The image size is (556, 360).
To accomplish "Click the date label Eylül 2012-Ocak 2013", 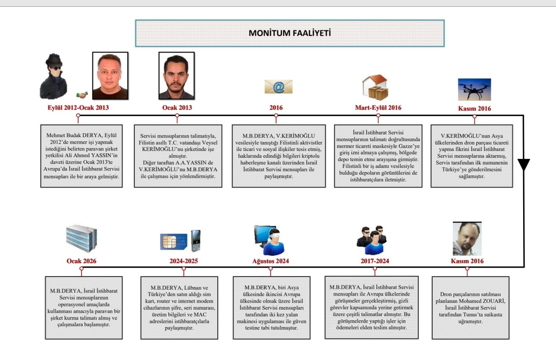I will [x=78, y=108].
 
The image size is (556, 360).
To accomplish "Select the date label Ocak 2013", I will [x=177, y=108].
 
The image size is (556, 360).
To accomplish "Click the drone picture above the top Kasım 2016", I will [x=474, y=89].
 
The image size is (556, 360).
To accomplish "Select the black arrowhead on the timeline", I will [x=524, y=164].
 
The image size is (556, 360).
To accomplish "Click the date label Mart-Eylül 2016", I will [x=378, y=108].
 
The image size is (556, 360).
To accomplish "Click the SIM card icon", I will [x=173, y=241].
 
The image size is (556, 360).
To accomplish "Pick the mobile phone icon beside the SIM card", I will [x=195, y=240].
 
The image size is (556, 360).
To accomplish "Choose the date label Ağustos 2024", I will [x=267, y=261].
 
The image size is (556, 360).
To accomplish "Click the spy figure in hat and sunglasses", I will [x=53, y=77].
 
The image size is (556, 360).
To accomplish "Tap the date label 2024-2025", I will [x=183, y=261].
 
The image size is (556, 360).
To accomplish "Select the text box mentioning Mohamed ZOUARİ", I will [x=470, y=308].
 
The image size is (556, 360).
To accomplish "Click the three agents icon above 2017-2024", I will [x=372, y=240].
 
